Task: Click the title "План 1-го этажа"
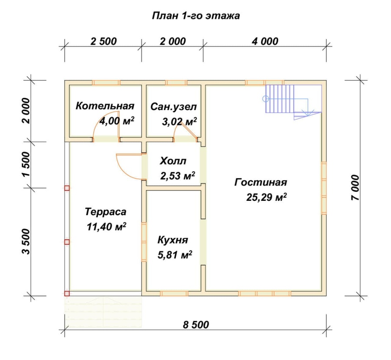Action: pos(196,16)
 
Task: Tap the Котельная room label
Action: pos(105,106)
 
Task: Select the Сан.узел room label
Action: pos(173,107)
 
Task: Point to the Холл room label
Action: pos(173,161)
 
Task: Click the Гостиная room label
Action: pos(261,182)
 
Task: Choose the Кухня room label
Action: pos(173,240)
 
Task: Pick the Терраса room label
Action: pos(106,212)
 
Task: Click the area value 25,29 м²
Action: pos(266,197)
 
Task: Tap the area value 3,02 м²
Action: pos(179,122)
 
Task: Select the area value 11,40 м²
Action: pos(106,227)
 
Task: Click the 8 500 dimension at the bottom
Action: pos(196,325)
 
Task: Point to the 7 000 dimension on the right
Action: pos(355,188)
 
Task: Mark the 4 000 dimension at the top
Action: pos(265,41)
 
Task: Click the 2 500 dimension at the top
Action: pos(103,41)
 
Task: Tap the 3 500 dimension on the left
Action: pos(26,242)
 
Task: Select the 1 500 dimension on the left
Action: pos(26,164)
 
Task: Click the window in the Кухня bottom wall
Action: pos(174,293)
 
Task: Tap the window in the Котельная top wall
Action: pos(106,83)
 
